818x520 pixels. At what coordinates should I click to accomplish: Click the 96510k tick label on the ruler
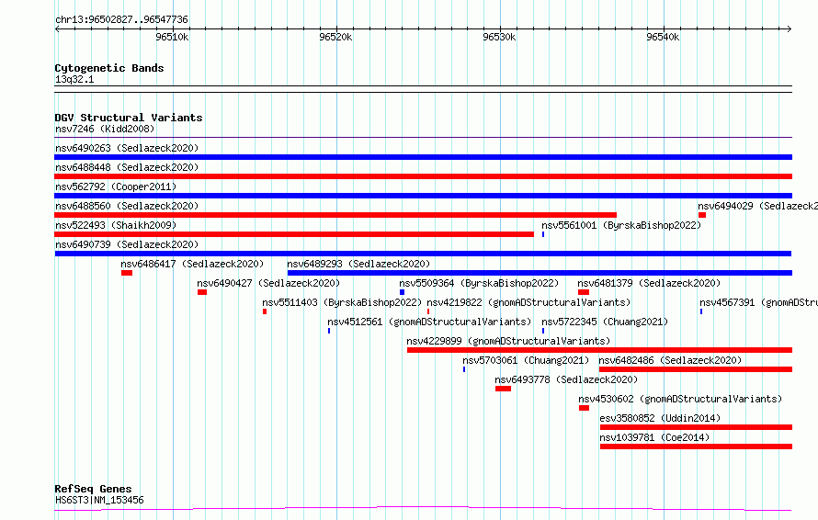point(172,37)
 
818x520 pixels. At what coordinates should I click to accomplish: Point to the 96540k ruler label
point(663,37)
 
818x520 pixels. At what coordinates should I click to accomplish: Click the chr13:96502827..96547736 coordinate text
point(121,19)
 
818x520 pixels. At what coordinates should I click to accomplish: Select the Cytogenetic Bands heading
point(109,68)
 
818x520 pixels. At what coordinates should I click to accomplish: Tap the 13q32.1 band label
point(74,79)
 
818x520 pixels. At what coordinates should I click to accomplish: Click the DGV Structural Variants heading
point(129,118)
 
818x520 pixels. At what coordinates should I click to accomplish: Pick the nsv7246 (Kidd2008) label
point(105,129)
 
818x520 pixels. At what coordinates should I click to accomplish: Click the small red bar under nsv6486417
point(127,273)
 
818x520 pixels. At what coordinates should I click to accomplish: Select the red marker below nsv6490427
point(202,292)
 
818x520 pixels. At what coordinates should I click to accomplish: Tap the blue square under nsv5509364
point(402,292)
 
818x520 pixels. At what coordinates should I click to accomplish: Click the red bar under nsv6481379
point(584,292)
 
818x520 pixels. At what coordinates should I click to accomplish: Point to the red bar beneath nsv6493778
point(503,389)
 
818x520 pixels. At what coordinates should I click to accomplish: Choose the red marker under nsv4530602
point(584,408)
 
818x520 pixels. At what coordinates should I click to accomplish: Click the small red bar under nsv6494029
point(702,215)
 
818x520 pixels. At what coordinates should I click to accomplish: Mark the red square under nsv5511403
point(265,311)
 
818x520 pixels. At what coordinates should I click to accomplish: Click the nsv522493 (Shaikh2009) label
point(116,225)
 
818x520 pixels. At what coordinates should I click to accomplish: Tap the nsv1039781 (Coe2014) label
point(654,437)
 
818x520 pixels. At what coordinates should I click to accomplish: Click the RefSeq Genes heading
point(94,489)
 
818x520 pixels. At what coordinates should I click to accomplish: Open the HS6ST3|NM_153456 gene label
point(99,500)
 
